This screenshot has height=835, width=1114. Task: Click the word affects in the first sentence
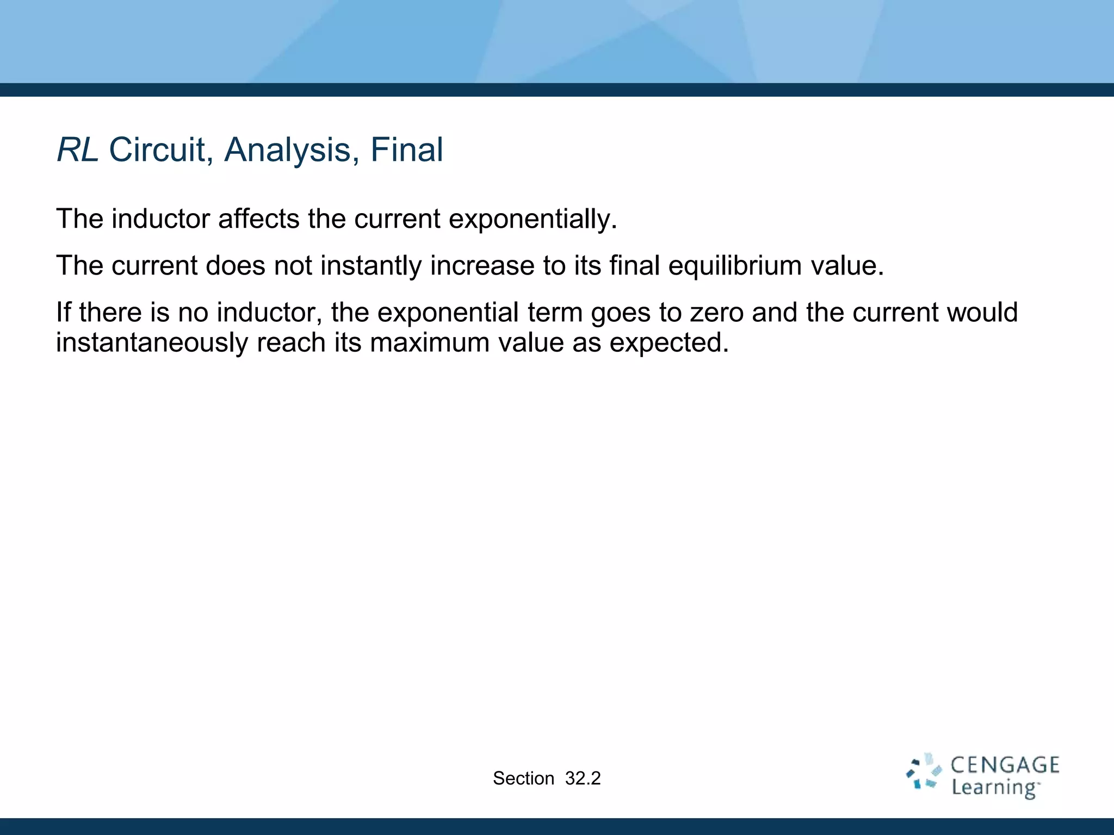pos(259,219)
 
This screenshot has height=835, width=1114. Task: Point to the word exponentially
pos(533,219)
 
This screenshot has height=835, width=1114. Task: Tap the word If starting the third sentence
pos(64,313)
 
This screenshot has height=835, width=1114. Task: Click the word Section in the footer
pos(523,778)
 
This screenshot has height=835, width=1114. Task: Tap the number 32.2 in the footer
pos(583,778)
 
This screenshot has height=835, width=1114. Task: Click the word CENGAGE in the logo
pos(1005,765)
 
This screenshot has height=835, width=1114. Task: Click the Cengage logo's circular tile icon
pos(924,772)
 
